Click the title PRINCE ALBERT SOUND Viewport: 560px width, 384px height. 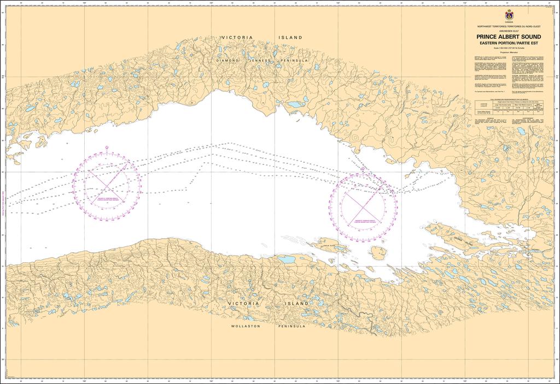[x=509, y=37]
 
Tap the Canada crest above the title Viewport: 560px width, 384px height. [x=509, y=15]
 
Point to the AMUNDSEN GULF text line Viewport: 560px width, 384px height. [x=509, y=31]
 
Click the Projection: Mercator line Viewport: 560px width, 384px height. [x=509, y=53]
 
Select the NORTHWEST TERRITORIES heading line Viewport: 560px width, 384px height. [x=509, y=26]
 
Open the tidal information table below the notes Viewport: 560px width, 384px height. [x=509, y=113]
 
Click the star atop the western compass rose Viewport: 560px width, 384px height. [x=107, y=147]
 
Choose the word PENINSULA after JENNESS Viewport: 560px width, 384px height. [x=296, y=61]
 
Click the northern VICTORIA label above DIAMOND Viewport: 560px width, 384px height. [x=237, y=38]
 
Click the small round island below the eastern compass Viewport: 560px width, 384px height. [x=378, y=252]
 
